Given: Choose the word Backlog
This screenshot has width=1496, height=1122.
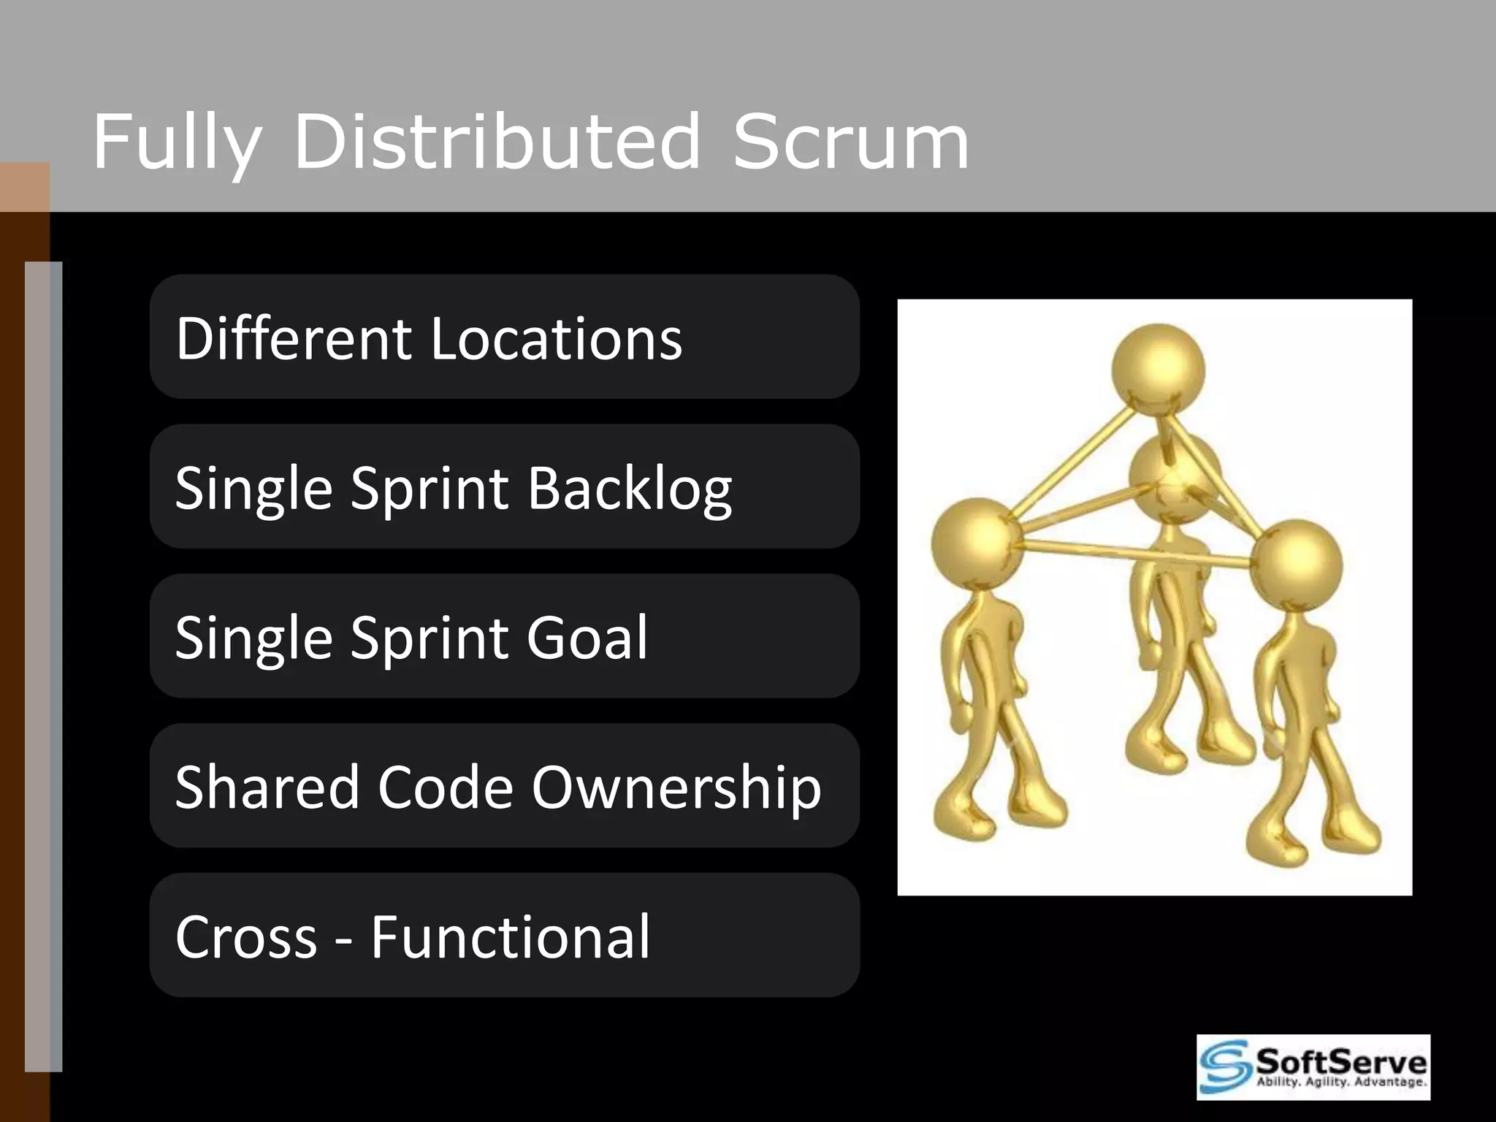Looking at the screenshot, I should [x=630, y=489].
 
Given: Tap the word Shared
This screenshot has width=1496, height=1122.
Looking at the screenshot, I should [x=267, y=787].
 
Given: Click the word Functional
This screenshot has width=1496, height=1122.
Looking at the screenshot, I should [x=510, y=936].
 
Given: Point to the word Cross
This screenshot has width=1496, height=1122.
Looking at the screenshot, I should [x=246, y=937].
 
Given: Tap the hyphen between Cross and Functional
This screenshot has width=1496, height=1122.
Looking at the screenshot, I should [x=343, y=942].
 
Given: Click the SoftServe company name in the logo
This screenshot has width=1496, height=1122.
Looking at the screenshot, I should [x=1341, y=1060].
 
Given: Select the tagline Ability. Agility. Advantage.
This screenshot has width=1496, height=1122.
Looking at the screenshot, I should [x=1341, y=1082].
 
